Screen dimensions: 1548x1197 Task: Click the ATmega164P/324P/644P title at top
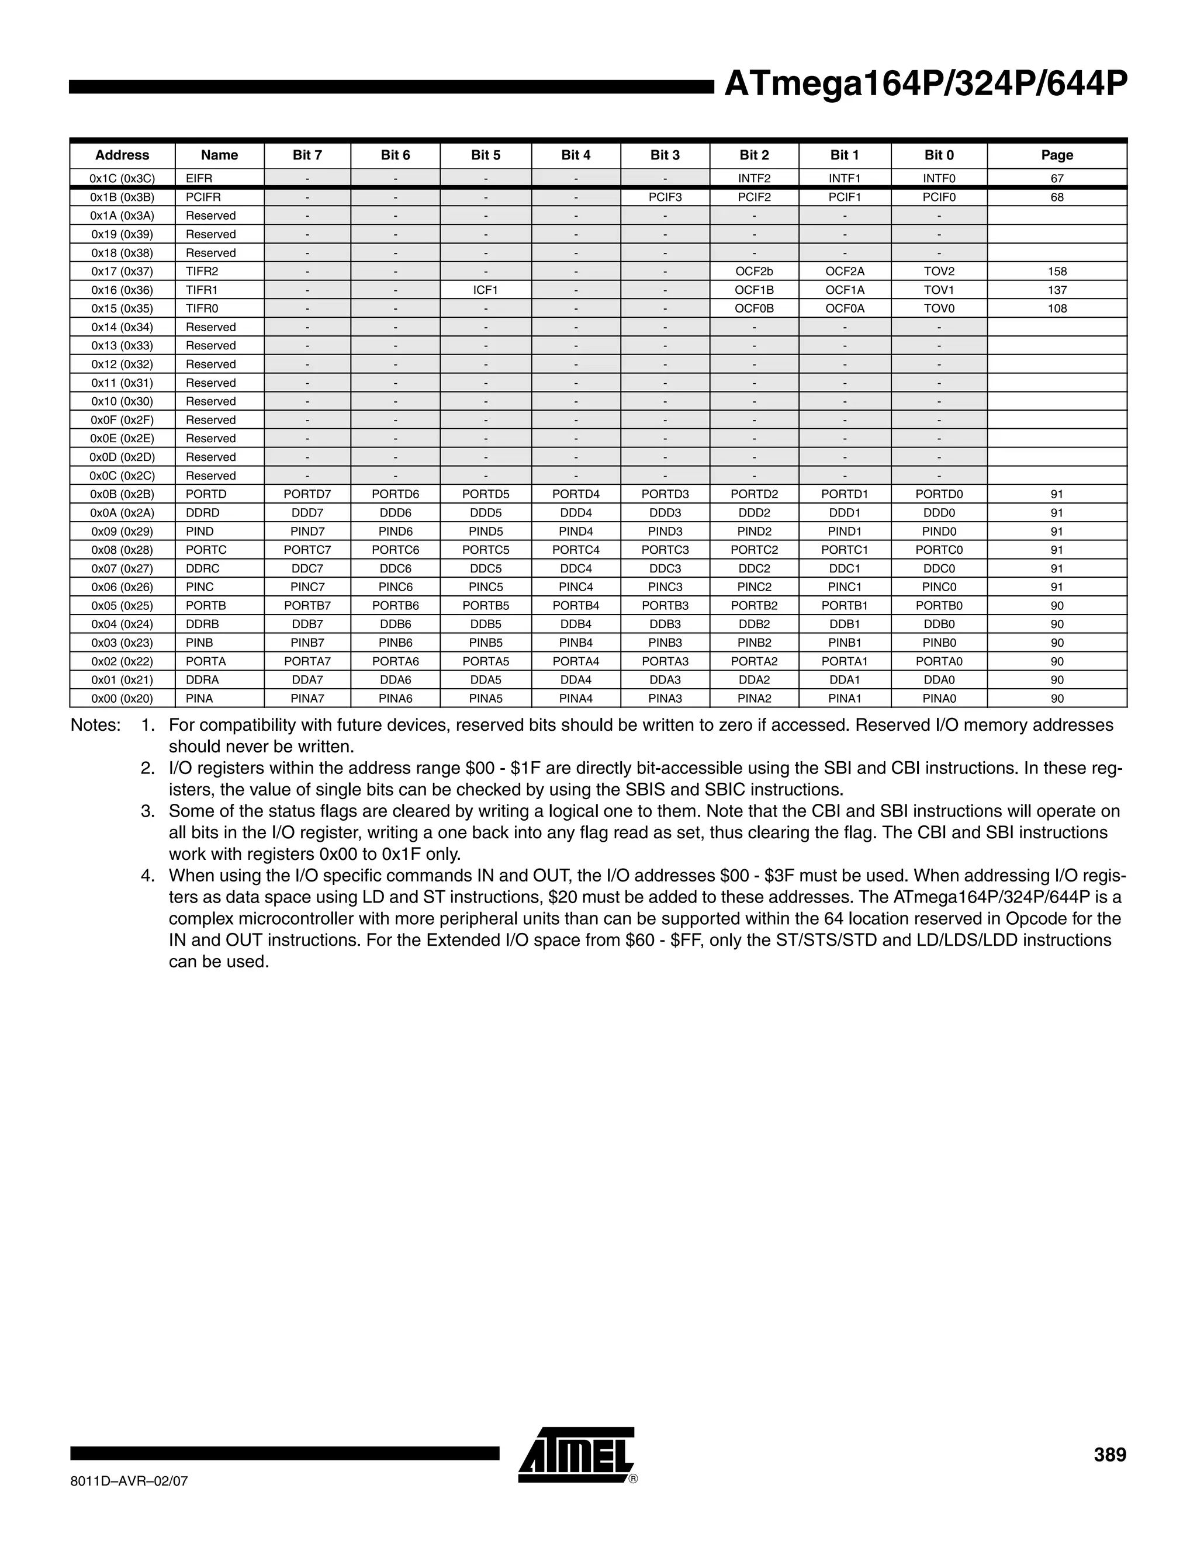[x=925, y=84]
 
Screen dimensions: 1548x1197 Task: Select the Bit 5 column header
[x=485, y=155]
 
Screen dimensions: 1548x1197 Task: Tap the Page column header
[x=1057, y=155]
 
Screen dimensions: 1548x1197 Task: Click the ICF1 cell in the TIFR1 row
[x=485, y=290]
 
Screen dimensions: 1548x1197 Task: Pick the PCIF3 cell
[x=665, y=197]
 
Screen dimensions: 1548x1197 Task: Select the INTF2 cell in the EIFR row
[x=754, y=179]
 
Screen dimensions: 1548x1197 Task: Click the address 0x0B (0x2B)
[x=122, y=494]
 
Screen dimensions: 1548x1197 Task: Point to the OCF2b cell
[x=754, y=272]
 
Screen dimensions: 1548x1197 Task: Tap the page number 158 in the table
[x=1057, y=272]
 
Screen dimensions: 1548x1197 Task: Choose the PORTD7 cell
[x=307, y=494]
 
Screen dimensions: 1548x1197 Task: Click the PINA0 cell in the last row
[x=939, y=698]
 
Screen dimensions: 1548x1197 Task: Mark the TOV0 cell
[x=939, y=308]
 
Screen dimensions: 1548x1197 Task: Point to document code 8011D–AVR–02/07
[x=129, y=1481]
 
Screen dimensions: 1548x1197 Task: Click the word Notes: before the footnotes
[x=96, y=725]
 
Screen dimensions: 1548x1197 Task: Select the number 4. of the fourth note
[x=147, y=876]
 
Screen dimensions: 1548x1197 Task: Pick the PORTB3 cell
[x=665, y=605]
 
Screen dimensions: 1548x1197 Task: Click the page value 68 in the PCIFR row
[x=1057, y=197]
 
